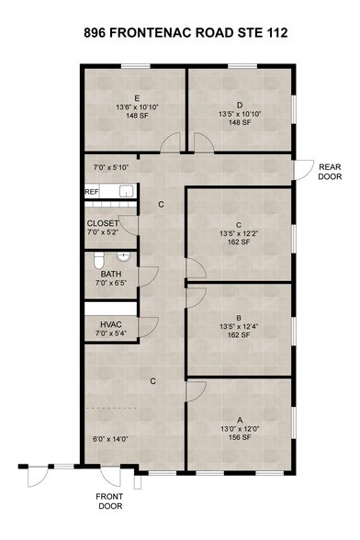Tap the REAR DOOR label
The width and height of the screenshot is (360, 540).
tap(330, 172)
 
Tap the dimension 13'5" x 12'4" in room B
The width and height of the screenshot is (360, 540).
tap(239, 327)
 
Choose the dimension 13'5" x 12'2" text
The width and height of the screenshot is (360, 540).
tap(239, 233)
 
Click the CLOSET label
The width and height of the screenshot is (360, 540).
tap(103, 223)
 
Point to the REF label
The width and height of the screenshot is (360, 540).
tap(91, 192)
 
